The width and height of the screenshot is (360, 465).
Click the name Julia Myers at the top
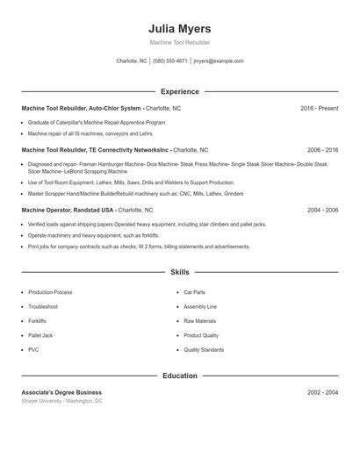[x=180, y=28]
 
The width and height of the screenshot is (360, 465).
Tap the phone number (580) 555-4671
[x=170, y=61]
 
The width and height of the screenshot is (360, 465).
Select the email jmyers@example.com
[x=219, y=61]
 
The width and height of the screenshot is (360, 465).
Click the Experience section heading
[x=180, y=91]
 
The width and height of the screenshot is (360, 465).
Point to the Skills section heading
[x=180, y=272]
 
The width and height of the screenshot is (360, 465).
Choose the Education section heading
[x=180, y=376]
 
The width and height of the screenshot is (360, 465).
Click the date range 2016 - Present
[x=319, y=108]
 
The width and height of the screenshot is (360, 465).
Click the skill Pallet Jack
[x=40, y=335]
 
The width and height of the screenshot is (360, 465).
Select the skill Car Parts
[x=194, y=292]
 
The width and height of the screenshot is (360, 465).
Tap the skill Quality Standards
[x=204, y=349]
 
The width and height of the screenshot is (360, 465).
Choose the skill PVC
[x=33, y=349]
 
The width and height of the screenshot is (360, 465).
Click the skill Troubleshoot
[x=43, y=306]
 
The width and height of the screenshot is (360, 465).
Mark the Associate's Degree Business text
[x=61, y=392]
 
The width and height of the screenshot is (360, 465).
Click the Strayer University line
[x=61, y=401]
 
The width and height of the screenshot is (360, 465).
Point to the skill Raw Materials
[x=200, y=321]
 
